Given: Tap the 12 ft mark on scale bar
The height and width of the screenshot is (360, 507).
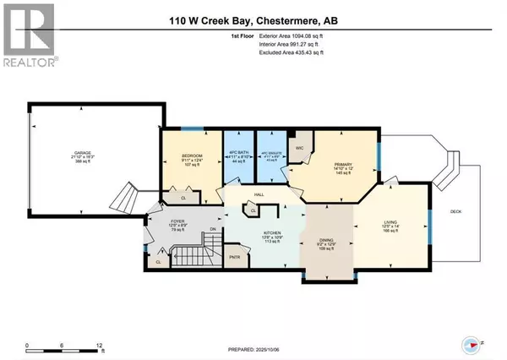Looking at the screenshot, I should [100, 346].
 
